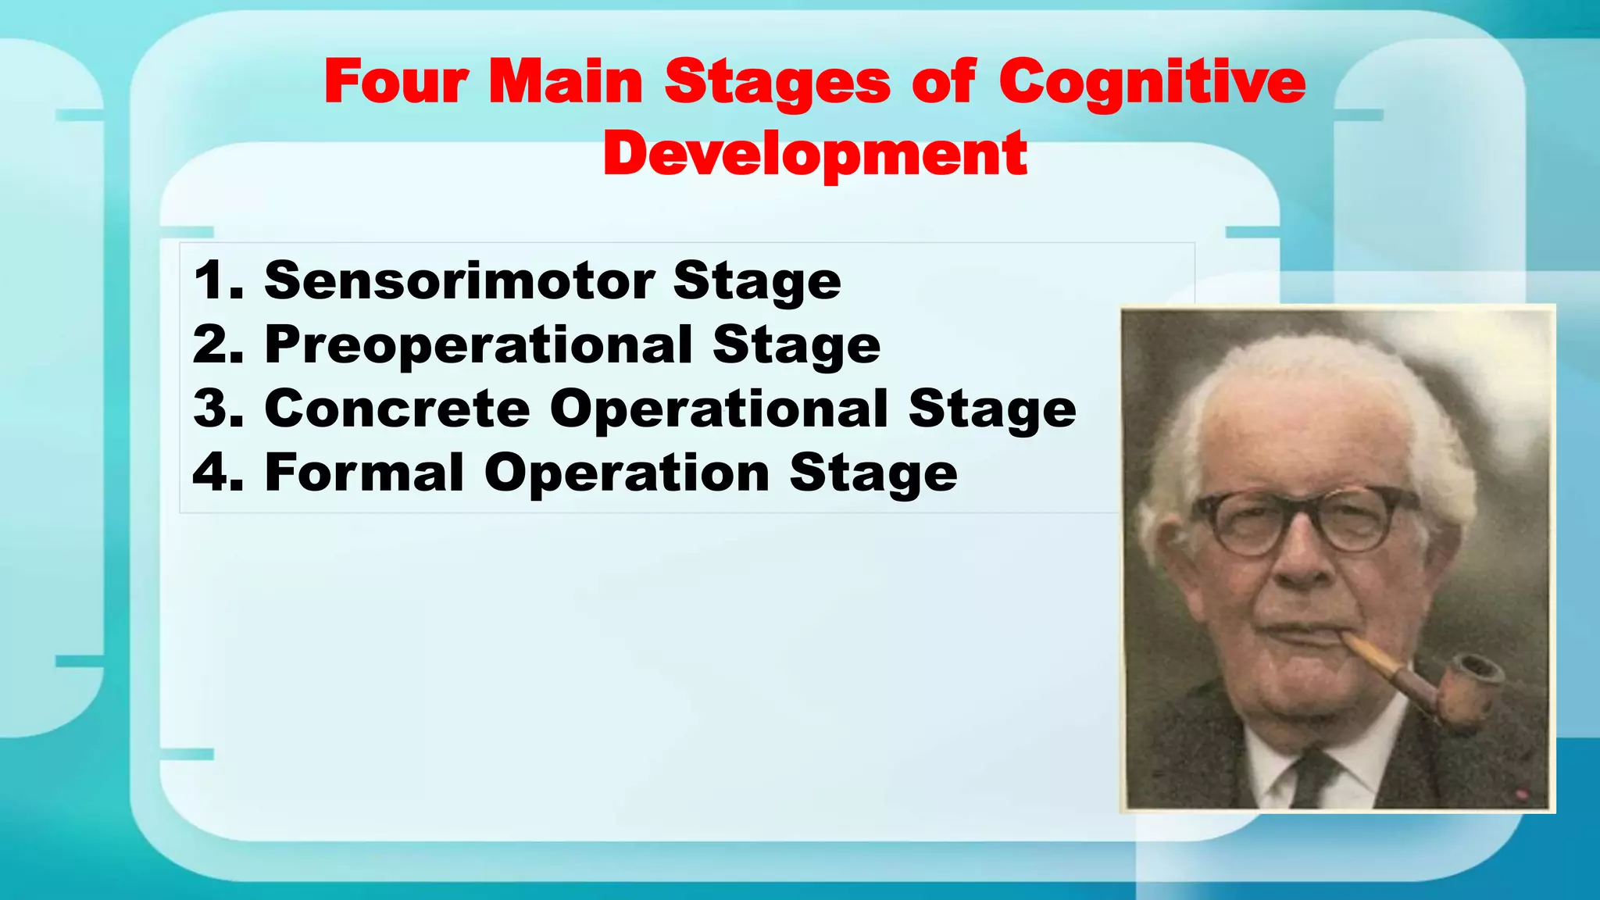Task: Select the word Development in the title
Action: pos(814,153)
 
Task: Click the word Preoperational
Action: pos(478,345)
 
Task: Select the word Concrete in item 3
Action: pos(397,409)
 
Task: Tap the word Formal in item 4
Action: pos(364,473)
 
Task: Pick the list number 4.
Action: pos(215,473)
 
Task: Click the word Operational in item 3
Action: pos(719,409)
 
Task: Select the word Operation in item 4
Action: pos(627,473)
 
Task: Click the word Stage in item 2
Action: pos(796,345)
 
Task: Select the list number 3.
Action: pos(215,409)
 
